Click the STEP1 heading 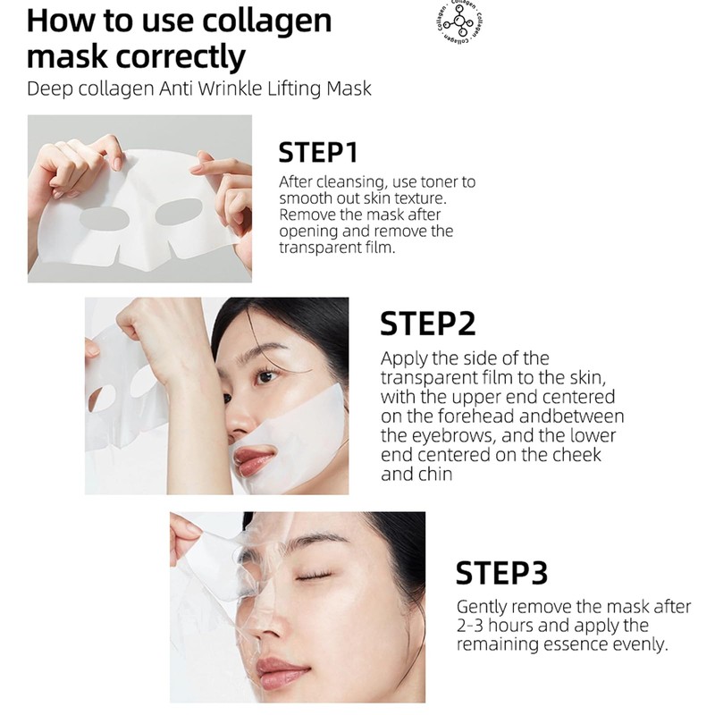point(318,152)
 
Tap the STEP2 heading point(428,324)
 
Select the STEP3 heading point(501,573)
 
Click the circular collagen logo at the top point(459,22)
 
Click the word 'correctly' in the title point(181,57)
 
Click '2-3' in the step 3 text point(470,625)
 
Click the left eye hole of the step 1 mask point(104,218)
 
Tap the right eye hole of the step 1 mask point(179,212)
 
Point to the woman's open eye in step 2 point(266,376)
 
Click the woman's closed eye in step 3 point(315,577)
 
